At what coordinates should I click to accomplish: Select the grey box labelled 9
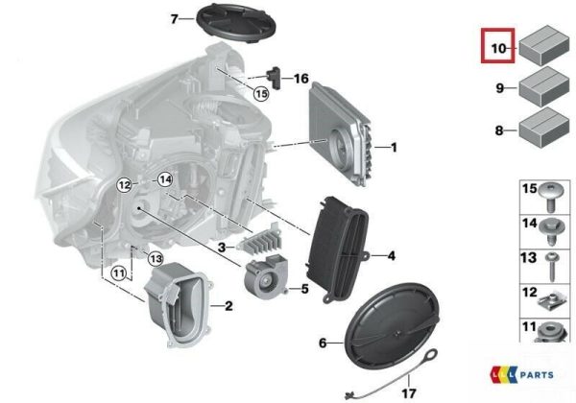(x=543, y=87)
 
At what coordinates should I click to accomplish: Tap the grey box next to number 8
(x=543, y=128)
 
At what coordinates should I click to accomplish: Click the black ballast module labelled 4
(x=337, y=249)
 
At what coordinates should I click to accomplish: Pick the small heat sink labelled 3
(x=260, y=240)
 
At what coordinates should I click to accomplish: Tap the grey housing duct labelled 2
(x=178, y=304)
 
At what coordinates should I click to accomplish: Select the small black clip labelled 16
(x=274, y=77)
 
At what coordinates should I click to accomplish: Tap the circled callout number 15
(x=261, y=94)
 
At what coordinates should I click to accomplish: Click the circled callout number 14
(x=165, y=180)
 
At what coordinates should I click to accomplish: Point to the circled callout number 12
(x=125, y=184)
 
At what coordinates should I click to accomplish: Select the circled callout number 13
(x=156, y=259)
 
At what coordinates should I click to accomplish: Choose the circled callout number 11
(x=118, y=273)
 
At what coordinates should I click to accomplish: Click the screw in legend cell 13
(x=552, y=267)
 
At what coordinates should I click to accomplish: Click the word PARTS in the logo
(x=537, y=375)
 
